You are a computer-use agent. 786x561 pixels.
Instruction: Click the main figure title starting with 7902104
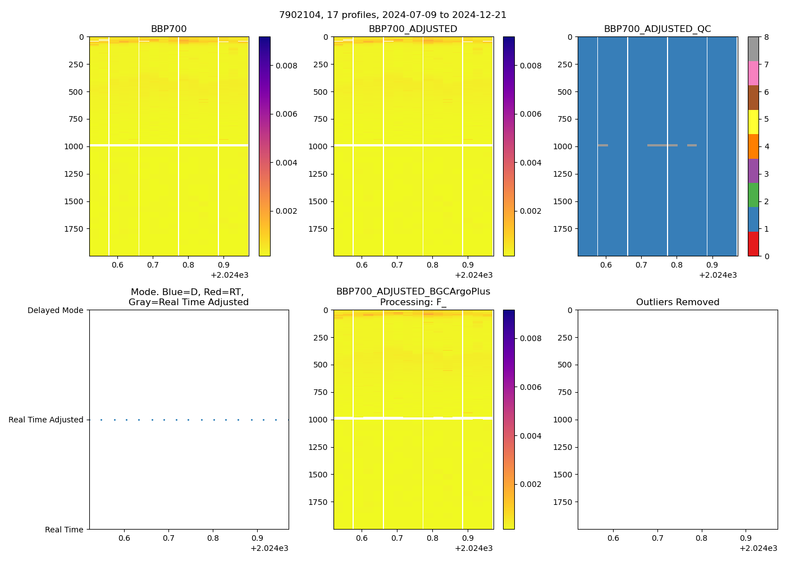click(x=392, y=15)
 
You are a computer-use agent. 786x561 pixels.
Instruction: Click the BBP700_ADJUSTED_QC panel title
click(x=657, y=29)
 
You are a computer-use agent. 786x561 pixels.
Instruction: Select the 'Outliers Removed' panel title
click(x=677, y=302)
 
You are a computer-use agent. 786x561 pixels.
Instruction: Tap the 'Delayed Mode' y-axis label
click(x=55, y=310)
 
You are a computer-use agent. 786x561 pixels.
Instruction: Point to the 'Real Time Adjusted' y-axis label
click(x=45, y=420)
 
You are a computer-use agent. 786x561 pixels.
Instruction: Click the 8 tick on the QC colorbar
click(x=766, y=38)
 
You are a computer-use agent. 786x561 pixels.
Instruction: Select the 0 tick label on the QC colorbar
click(x=766, y=256)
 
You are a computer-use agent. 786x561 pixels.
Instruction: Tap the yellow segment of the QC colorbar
click(x=753, y=122)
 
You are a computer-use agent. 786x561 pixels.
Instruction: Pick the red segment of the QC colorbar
click(x=753, y=244)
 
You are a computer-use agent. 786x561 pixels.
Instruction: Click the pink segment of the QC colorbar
click(x=753, y=73)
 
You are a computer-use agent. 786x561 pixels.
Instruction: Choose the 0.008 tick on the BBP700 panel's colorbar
click(x=286, y=66)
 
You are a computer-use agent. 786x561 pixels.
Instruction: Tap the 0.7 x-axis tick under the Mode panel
click(x=168, y=538)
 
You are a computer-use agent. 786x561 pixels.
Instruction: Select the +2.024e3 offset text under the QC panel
click(x=718, y=275)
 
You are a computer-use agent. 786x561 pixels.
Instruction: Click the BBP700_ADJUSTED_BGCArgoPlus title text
click(x=413, y=292)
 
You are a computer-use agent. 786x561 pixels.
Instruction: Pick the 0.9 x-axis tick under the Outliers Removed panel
click(x=746, y=538)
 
